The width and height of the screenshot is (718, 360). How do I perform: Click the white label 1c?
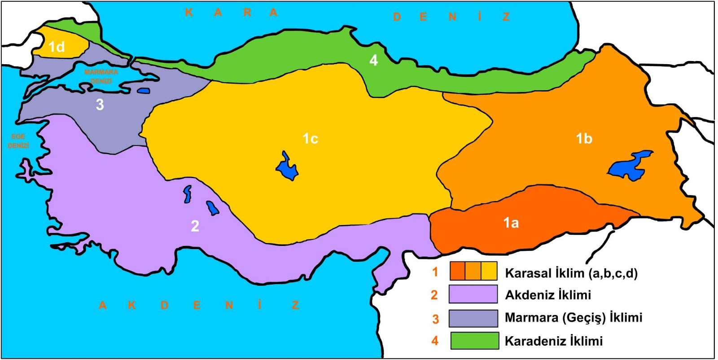point(310,139)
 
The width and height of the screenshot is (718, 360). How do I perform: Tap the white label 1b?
point(584,139)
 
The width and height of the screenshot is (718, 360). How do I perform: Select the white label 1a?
point(511,223)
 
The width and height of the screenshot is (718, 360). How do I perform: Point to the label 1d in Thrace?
point(57,47)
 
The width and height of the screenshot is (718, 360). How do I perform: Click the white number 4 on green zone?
point(373,60)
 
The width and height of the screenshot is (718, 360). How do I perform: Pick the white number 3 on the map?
point(100,105)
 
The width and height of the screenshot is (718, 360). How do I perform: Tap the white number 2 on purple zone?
point(195,226)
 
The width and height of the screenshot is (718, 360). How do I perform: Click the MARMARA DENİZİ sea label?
point(101,76)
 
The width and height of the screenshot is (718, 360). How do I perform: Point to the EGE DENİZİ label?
point(18,141)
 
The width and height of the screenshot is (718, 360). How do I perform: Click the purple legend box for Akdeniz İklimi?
point(473,294)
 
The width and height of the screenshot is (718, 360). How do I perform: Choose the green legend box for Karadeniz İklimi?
point(474,341)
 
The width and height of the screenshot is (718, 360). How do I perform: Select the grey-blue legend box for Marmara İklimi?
point(473,318)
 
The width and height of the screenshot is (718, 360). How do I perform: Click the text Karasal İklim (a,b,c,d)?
point(571,273)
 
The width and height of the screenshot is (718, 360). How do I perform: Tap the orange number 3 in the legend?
point(435,319)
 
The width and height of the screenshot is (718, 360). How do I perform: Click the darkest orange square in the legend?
point(457,271)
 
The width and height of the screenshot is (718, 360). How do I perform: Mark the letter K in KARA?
point(189,13)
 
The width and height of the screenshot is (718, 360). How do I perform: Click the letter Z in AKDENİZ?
point(295,305)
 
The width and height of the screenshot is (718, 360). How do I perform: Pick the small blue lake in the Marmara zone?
point(143,90)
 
